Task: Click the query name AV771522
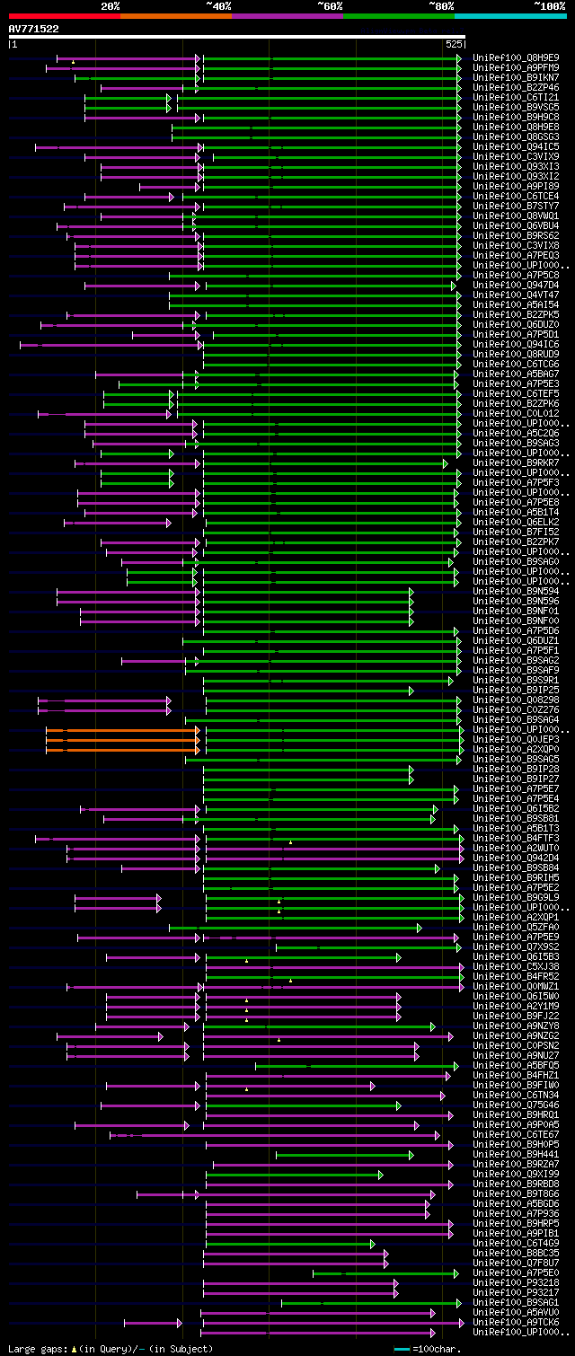34,29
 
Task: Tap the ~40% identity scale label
218,6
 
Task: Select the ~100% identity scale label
549,6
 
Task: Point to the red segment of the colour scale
64,15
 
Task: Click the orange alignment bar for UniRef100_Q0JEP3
122,740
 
